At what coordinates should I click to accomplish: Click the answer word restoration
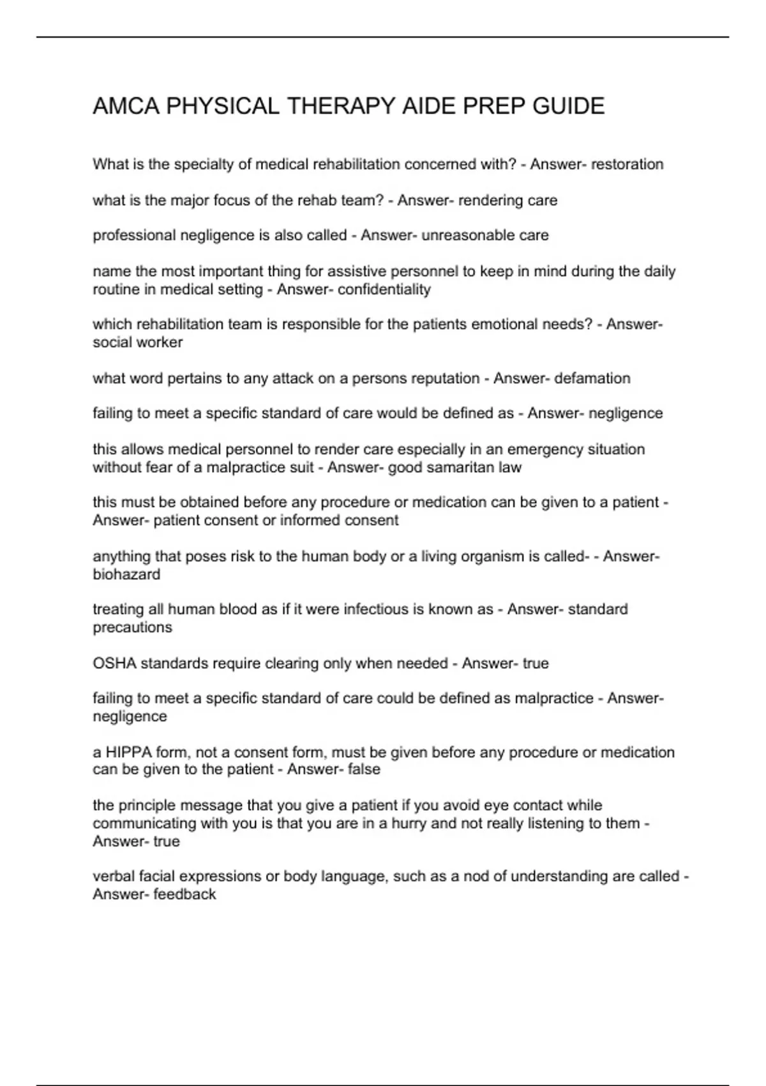point(627,165)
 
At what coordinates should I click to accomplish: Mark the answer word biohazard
point(126,574)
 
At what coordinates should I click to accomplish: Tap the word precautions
point(132,627)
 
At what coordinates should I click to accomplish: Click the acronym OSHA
point(114,663)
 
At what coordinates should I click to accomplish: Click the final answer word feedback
point(184,894)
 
